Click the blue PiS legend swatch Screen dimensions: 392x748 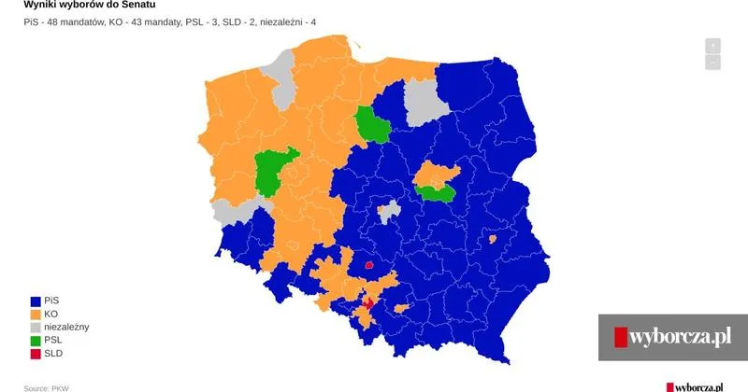[36, 301]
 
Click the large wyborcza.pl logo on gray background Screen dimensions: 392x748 [672, 336]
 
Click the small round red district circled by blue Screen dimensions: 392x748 [368, 265]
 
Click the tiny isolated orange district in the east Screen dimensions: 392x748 [492, 239]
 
